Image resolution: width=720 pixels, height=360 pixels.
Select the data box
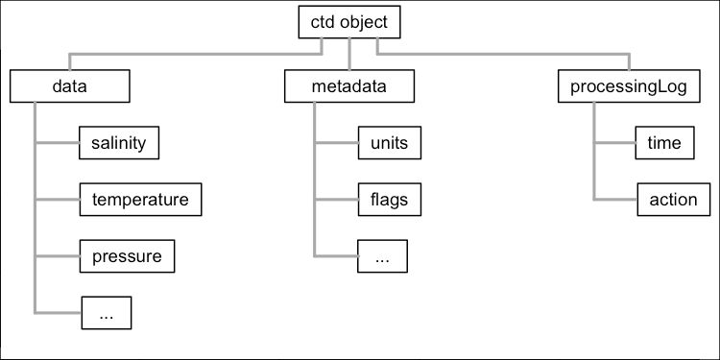(69, 86)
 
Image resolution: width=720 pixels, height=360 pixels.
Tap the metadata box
(348, 86)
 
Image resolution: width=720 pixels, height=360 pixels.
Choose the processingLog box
(630, 86)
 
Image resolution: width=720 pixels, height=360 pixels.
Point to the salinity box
(118, 143)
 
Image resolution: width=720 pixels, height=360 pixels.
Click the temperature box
(140, 200)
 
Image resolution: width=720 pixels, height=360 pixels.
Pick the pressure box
(127, 256)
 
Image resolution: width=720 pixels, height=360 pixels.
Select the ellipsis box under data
(107, 313)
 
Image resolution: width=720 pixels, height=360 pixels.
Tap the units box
(389, 143)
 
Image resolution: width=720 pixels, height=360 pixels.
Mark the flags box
(389, 200)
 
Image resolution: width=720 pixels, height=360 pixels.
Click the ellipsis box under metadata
(382, 256)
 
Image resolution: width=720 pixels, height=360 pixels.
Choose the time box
(664, 143)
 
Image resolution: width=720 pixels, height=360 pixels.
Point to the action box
(674, 200)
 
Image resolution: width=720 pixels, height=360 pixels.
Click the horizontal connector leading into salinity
(57, 143)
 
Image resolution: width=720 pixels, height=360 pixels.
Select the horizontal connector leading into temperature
(57, 200)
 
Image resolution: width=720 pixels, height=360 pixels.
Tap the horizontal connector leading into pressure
(57, 256)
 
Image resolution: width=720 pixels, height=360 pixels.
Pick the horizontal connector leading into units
(336, 143)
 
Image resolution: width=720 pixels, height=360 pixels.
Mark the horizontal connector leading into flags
(336, 200)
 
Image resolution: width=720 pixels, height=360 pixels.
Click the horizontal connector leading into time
(614, 143)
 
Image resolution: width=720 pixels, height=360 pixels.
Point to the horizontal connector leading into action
(616, 200)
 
